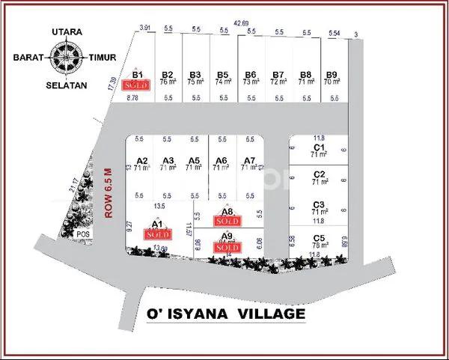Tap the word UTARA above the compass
coord(67,33)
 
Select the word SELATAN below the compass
coord(67,85)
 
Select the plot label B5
coord(222,74)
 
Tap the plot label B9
coord(332,74)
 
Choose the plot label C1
coord(319,147)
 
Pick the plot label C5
coord(319,237)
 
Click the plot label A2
coord(142,160)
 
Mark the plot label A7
coord(250,160)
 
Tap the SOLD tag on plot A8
coord(227,222)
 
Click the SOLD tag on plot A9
coord(227,247)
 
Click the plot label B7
coord(278,74)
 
